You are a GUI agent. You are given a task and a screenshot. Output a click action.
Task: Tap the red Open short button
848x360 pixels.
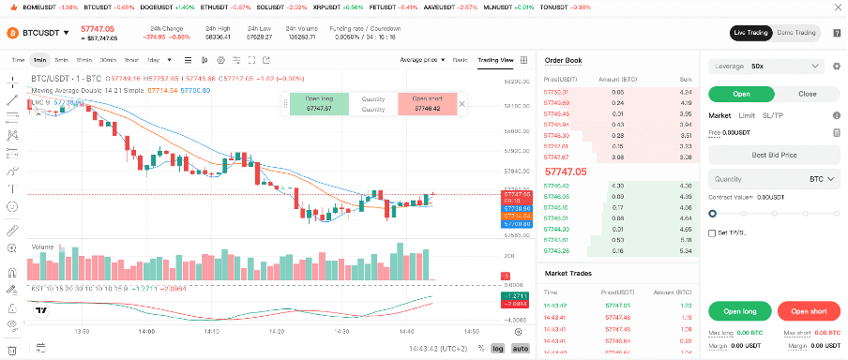(x=808, y=311)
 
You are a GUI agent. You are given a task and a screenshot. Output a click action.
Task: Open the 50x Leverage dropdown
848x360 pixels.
(x=766, y=67)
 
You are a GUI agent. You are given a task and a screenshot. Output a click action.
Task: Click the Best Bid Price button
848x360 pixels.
(x=773, y=154)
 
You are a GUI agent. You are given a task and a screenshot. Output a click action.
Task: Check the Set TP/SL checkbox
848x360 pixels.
(x=712, y=232)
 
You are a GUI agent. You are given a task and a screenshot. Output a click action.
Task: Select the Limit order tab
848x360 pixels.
(x=747, y=115)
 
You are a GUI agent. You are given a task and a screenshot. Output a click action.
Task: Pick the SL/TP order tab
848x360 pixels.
(x=773, y=115)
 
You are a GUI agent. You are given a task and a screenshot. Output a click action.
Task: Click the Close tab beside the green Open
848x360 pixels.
(x=807, y=94)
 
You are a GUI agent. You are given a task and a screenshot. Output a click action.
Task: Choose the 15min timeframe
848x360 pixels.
(x=84, y=60)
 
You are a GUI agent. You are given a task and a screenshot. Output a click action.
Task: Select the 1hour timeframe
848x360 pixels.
(x=130, y=60)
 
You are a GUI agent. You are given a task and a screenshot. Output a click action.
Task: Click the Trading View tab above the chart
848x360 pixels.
(x=495, y=60)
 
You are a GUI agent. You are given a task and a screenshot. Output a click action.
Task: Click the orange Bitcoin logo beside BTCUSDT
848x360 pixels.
(x=13, y=33)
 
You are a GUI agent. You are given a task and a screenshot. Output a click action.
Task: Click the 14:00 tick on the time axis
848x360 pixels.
(x=145, y=331)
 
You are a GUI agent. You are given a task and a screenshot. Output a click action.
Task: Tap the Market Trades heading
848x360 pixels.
(x=568, y=274)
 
